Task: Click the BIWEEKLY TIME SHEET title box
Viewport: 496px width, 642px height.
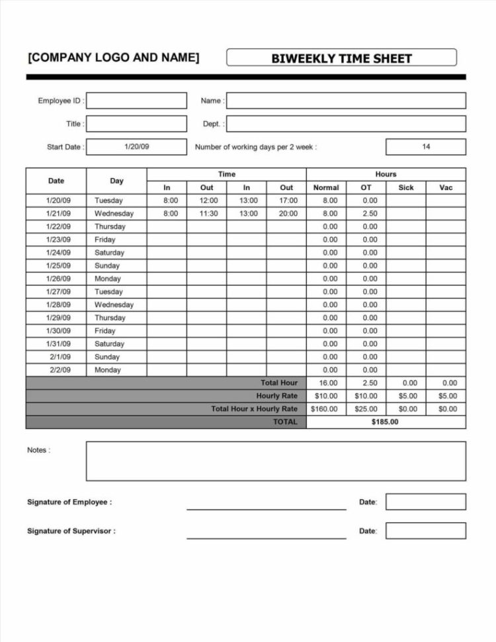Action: (341, 58)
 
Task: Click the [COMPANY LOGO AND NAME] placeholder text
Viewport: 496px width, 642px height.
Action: (113, 58)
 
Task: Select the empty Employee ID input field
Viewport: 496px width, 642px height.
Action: (137, 101)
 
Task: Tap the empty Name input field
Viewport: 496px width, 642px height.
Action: (346, 101)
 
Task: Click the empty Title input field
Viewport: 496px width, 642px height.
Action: (137, 124)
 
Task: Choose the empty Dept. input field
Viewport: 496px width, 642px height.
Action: (346, 124)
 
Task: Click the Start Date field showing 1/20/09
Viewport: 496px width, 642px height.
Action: (137, 147)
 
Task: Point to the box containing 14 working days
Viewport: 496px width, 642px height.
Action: (426, 147)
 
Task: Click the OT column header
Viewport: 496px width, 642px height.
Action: (366, 187)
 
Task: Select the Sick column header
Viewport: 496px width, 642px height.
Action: (406, 187)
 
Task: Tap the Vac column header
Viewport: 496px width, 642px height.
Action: (446, 187)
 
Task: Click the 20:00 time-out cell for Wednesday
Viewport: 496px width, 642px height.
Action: (286, 214)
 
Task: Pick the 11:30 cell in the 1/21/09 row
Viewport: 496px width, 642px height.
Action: (206, 214)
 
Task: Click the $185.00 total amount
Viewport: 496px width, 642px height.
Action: (386, 422)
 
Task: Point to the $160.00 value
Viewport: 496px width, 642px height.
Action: (326, 409)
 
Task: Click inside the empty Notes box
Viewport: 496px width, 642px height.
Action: (276, 461)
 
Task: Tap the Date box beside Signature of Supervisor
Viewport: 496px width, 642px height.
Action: (426, 531)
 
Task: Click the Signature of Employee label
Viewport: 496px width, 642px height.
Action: (69, 502)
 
